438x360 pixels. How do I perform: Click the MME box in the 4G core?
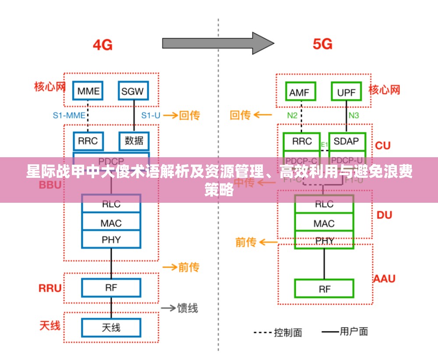click(88, 91)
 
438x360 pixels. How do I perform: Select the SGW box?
click(133, 91)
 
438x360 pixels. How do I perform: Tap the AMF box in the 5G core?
click(300, 92)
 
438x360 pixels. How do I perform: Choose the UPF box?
click(346, 92)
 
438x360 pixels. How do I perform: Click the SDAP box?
click(346, 141)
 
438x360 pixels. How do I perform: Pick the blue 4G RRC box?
click(88, 141)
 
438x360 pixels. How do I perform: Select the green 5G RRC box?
click(301, 141)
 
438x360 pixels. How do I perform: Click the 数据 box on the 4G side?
click(134, 141)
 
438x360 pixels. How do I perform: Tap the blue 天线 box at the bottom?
click(111, 328)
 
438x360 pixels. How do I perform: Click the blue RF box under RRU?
click(111, 288)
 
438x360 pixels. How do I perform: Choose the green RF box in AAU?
click(324, 289)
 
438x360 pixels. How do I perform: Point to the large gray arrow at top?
click(218, 43)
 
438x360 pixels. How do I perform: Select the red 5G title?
click(322, 44)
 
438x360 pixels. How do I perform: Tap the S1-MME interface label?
click(69, 116)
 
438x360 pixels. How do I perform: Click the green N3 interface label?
click(353, 116)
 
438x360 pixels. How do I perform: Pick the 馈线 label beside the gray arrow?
click(187, 308)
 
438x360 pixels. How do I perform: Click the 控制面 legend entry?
click(288, 332)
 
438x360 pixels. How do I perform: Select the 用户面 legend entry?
click(353, 332)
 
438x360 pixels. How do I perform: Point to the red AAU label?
click(384, 279)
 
